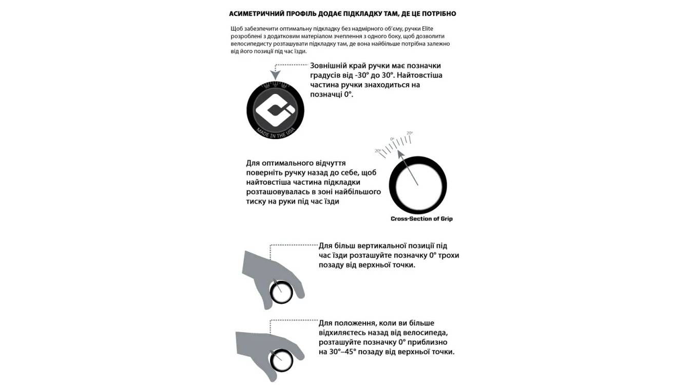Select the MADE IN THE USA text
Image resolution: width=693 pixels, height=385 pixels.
[275, 133]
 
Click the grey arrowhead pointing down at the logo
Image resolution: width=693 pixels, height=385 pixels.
[275, 76]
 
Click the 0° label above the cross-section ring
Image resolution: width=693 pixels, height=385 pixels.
[392, 139]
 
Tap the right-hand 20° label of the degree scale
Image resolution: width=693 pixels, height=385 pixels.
[409, 133]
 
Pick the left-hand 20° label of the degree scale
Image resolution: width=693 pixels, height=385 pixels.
[378, 151]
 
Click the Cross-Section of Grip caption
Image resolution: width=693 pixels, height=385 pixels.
[421, 219]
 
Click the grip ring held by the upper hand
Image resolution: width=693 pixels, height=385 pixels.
[281, 293]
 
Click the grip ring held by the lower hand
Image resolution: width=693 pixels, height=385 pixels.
[281, 361]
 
